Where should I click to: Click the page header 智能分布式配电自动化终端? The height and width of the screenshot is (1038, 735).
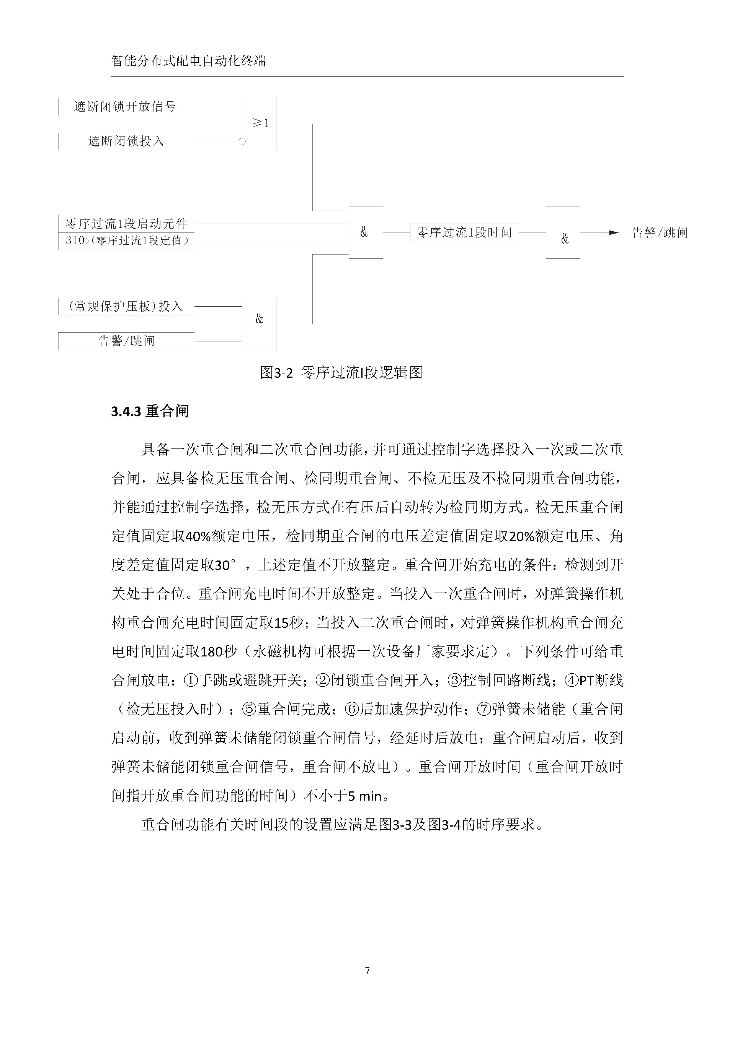pos(188,61)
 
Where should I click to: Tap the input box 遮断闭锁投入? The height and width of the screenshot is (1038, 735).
pos(126,141)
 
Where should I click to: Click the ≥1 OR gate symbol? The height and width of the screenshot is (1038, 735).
pos(259,123)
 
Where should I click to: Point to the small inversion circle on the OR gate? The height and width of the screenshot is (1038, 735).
pos(242,141)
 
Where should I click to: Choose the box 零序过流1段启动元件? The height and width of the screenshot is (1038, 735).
pos(126,223)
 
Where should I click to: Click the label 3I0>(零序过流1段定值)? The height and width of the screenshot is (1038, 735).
pos(127,240)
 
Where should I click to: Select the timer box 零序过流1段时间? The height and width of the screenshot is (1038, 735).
pos(464,232)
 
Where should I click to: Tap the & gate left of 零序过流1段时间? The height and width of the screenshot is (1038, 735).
pos(365,232)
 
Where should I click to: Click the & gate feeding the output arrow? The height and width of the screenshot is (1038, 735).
pos(564,238)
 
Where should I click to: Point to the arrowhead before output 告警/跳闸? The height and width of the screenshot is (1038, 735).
pos(613,233)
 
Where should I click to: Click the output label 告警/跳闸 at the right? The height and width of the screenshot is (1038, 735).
pos(660,233)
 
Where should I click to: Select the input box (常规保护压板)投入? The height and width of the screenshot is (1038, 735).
pos(126,307)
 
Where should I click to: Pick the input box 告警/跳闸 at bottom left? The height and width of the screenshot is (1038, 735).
pos(126,341)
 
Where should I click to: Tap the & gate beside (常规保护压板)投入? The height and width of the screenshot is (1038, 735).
pos(259,319)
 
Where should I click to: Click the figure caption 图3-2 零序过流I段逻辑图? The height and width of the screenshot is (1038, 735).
pos(341,372)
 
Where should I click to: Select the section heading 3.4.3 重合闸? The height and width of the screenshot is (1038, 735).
pos(150,411)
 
